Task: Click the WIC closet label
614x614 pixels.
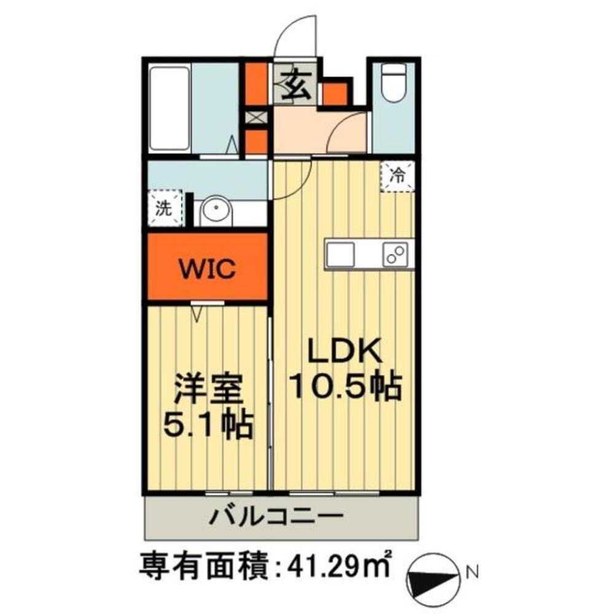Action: (x=207, y=268)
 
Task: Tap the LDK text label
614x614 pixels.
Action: (x=344, y=351)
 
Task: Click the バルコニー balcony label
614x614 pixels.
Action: (x=276, y=517)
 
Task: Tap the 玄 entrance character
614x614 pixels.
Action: (x=297, y=86)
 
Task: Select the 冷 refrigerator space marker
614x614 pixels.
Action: (x=397, y=177)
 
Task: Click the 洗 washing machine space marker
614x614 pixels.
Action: (x=165, y=208)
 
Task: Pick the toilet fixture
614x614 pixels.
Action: (x=394, y=84)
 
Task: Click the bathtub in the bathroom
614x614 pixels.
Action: (x=169, y=109)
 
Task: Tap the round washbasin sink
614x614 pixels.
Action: (x=216, y=211)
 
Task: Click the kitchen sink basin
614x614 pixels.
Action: (x=340, y=254)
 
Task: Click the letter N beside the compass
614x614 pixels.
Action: (x=473, y=573)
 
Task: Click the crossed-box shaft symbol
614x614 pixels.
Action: (x=257, y=117)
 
